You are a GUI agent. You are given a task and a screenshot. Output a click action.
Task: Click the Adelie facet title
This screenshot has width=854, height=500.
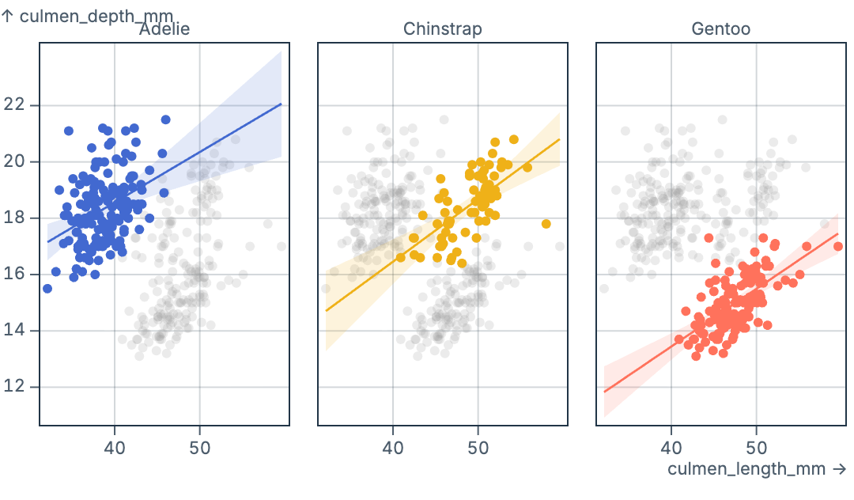164,29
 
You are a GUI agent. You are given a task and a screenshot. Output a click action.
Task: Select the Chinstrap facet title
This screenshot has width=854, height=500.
442,29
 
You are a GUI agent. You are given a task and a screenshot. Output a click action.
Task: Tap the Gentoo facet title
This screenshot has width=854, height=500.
720,29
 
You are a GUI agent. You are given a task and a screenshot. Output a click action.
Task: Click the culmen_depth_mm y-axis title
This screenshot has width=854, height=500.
87,15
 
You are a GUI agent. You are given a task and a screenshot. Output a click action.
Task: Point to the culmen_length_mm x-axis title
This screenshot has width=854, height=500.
757,469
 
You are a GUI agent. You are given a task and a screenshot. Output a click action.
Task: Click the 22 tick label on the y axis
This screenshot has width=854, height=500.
16,105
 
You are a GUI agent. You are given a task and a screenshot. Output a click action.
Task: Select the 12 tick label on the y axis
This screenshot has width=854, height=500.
16,387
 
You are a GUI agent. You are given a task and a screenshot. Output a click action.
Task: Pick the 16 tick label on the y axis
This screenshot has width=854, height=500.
16,275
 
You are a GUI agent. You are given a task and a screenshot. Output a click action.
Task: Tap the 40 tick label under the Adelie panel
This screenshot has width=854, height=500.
115,448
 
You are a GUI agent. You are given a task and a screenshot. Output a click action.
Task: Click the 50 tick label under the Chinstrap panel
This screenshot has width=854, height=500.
478,448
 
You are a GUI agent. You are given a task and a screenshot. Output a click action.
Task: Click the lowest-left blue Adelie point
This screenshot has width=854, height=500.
47,289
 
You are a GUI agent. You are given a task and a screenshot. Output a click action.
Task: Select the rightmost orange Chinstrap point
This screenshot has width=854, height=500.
546,224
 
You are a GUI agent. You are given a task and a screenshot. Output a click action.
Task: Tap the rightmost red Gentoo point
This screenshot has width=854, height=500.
838,246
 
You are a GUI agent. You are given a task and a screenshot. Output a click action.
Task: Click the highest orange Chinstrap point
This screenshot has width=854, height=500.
514,139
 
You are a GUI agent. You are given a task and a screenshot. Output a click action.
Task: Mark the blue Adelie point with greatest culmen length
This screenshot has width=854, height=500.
165,119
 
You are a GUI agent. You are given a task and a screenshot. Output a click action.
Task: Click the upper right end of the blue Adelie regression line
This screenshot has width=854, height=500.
282,104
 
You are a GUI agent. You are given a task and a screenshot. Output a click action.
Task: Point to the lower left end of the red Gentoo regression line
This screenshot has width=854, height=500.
604,392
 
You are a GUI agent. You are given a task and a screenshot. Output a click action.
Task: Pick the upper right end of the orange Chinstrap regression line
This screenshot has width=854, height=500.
559,139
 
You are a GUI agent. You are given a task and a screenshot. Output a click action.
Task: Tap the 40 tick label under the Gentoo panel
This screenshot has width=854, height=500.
671,448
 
